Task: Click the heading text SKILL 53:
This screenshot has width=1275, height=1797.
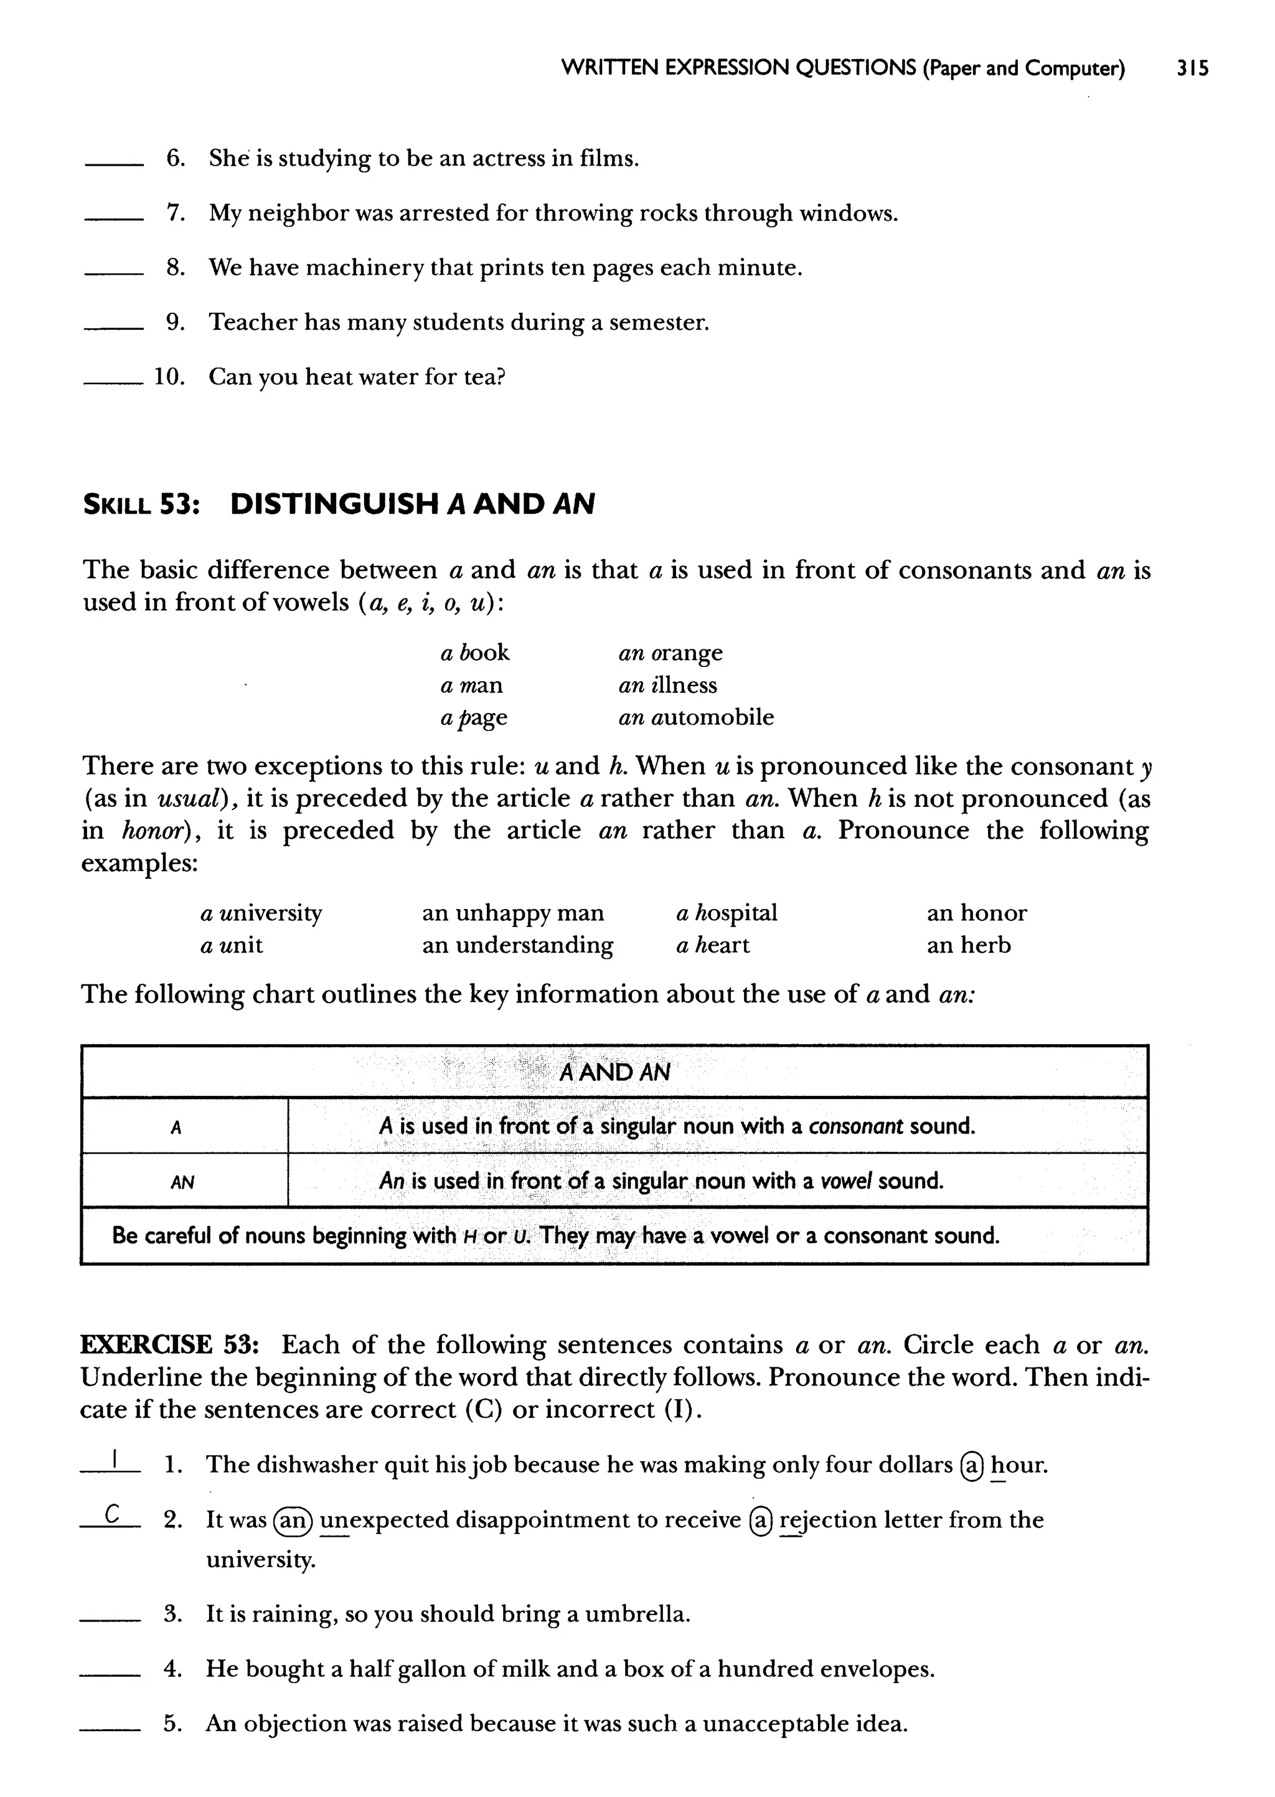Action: click(x=141, y=504)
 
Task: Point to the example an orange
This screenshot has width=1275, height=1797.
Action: click(x=670, y=653)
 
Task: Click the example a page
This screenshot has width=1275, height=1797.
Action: click(x=473, y=717)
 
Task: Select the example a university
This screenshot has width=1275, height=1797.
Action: click(x=261, y=913)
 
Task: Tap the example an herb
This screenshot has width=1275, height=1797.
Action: click(x=968, y=945)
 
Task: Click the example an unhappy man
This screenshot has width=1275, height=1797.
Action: click(x=512, y=913)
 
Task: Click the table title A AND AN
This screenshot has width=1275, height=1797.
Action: click(x=614, y=1072)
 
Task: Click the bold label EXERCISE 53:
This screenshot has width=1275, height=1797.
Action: click(x=169, y=1345)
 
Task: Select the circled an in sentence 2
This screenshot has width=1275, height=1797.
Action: click(x=293, y=1521)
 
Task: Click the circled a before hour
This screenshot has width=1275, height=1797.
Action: click(x=972, y=1466)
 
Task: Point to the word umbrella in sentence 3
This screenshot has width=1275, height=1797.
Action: click(x=637, y=1614)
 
